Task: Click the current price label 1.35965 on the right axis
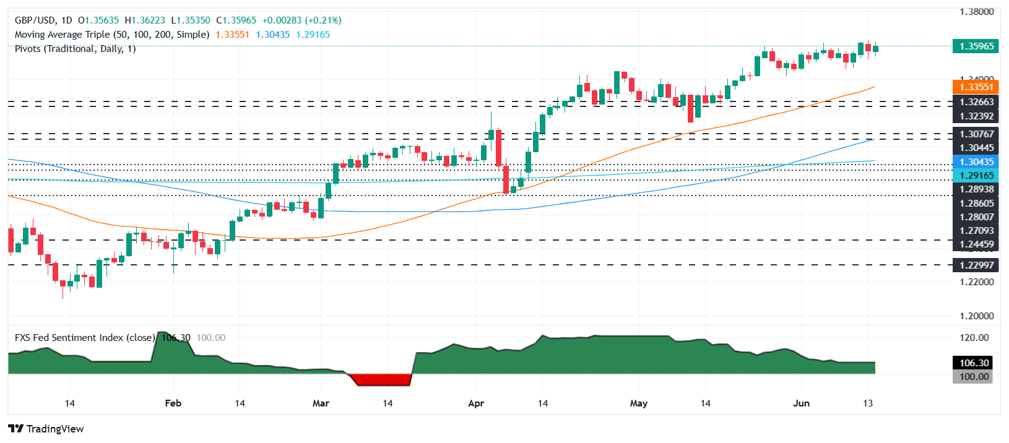pyautogui.click(x=976, y=46)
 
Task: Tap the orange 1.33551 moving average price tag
pyautogui.click(x=976, y=87)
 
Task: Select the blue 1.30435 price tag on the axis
pyautogui.click(x=976, y=161)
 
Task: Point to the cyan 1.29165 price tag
pyautogui.click(x=976, y=176)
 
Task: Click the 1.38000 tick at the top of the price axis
pyautogui.click(x=976, y=12)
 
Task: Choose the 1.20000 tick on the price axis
pyautogui.click(x=976, y=316)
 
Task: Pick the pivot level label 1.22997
pyautogui.click(x=976, y=265)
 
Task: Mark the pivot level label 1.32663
pyautogui.click(x=976, y=102)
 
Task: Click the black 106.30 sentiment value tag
pyautogui.click(x=974, y=363)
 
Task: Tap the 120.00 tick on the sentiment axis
pyautogui.click(x=974, y=337)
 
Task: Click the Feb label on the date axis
pyautogui.click(x=173, y=403)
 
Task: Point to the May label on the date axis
pyautogui.click(x=638, y=403)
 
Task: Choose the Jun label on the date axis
pyautogui.click(x=801, y=403)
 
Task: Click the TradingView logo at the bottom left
pyautogui.click(x=46, y=429)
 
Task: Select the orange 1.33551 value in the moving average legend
pyautogui.click(x=232, y=35)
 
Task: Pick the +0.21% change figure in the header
pyautogui.click(x=323, y=20)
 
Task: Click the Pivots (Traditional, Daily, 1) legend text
pyautogui.click(x=75, y=48)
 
